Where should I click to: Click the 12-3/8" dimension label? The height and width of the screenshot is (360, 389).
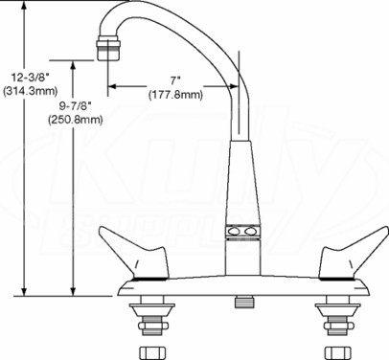[31, 78]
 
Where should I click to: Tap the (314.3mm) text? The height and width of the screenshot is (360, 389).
[30, 91]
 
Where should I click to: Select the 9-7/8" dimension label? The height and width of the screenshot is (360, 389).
[76, 105]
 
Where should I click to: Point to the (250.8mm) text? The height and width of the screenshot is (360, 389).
[76, 120]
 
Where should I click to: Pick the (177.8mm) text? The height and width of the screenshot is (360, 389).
[175, 95]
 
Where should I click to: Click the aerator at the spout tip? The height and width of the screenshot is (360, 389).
[108, 48]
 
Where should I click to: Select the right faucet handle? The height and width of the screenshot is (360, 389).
[354, 253]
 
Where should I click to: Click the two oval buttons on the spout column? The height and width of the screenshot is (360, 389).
[242, 232]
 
